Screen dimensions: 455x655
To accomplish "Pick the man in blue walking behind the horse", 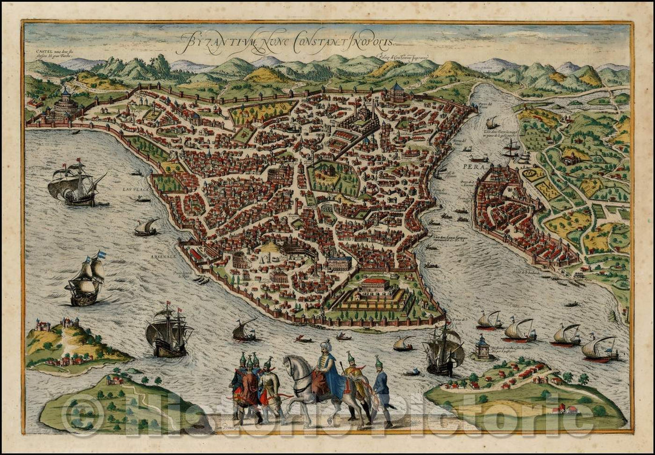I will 380,388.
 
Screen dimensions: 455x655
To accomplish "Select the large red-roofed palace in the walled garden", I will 375,285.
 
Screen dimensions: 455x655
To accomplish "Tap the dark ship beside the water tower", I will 445,352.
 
